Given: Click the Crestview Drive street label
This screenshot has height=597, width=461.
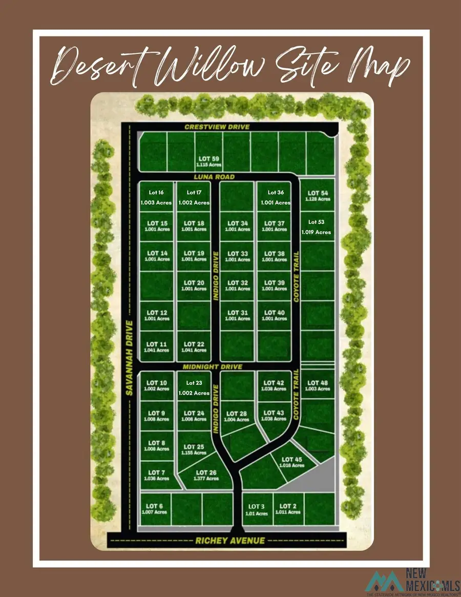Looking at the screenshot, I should coord(217,127).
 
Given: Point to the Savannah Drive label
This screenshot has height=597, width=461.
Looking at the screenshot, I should coord(129,358).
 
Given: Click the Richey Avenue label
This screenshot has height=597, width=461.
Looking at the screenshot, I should coord(230,540).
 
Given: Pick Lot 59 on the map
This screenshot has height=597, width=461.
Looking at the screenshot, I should coord(208,159).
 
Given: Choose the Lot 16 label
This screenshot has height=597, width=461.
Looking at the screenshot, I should coord(156,193).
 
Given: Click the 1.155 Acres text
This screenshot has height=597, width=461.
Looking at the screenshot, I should coord(194,453).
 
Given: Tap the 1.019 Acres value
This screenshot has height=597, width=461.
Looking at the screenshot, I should coord(316,232).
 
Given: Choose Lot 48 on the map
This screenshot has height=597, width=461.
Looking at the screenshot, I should coord(317,383).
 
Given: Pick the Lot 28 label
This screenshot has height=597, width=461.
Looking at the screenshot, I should coord(237,414).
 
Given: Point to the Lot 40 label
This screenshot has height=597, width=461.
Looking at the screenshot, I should coord(274,313).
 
